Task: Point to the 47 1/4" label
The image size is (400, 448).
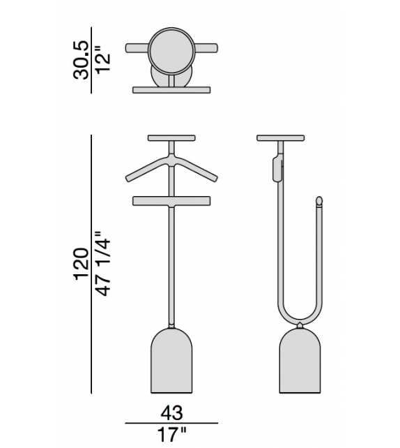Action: (x=102, y=263)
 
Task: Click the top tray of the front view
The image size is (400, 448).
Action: (x=171, y=137)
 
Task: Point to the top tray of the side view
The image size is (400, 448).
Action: (x=281, y=137)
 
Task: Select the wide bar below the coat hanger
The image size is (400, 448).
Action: (x=171, y=201)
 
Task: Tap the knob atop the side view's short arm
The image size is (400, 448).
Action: (x=320, y=202)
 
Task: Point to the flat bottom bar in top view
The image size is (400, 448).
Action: (x=171, y=89)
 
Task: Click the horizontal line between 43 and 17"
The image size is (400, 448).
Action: (x=171, y=423)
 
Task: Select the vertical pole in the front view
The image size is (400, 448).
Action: (x=171, y=265)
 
